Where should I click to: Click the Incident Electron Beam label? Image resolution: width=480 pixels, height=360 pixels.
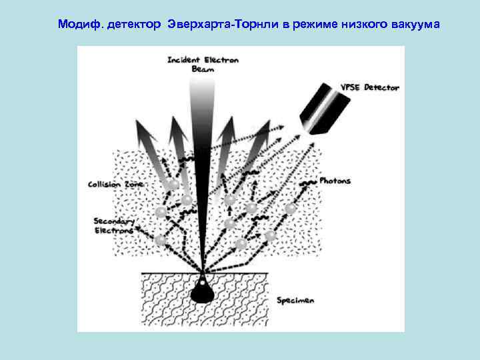click(x=203, y=64)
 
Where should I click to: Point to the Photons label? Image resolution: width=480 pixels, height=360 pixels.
click(x=335, y=181)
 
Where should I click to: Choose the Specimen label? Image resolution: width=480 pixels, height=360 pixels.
click(x=295, y=300)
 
